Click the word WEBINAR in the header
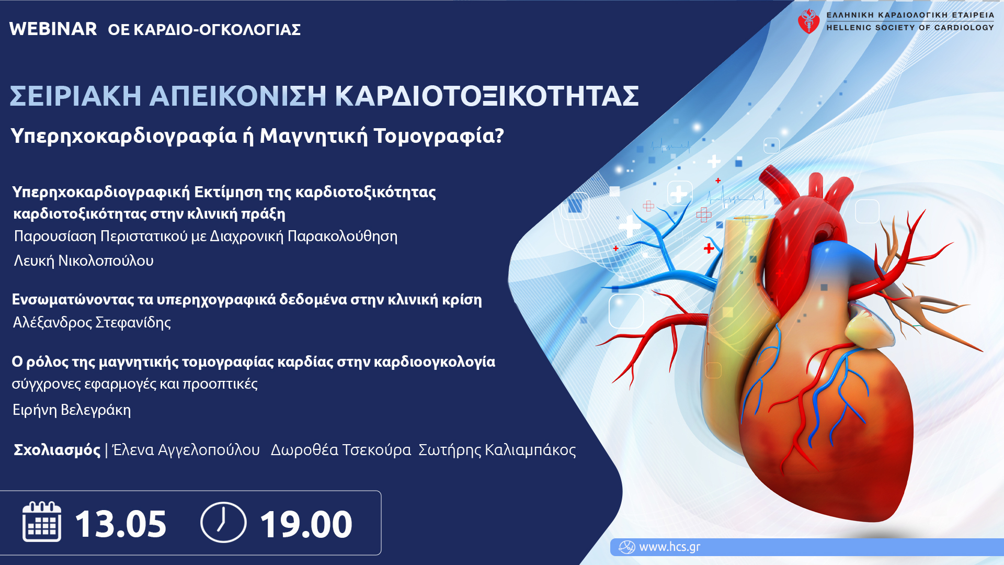click(53, 29)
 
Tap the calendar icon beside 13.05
click(42, 522)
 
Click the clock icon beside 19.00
click(223, 522)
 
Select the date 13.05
click(121, 524)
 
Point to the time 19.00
click(306, 524)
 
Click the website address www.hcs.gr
click(670, 547)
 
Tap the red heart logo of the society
click(808, 21)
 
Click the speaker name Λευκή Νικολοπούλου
click(84, 261)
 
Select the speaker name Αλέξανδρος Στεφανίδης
click(92, 322)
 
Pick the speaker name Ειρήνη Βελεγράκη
click(72, 410)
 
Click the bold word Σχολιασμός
click(57, 450)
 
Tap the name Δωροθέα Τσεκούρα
click(341, 450)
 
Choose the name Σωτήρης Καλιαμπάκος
click(497, 450)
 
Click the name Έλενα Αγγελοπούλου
click(187, 450)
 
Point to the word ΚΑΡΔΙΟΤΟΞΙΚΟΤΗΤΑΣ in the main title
click(487, 96)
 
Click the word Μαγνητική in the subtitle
click(314, 136)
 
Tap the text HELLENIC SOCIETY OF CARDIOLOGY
click(910, 28)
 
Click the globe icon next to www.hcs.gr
click(626, 547)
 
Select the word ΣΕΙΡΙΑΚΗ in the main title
click(75, 96)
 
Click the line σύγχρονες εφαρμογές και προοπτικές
click(135, 384)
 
